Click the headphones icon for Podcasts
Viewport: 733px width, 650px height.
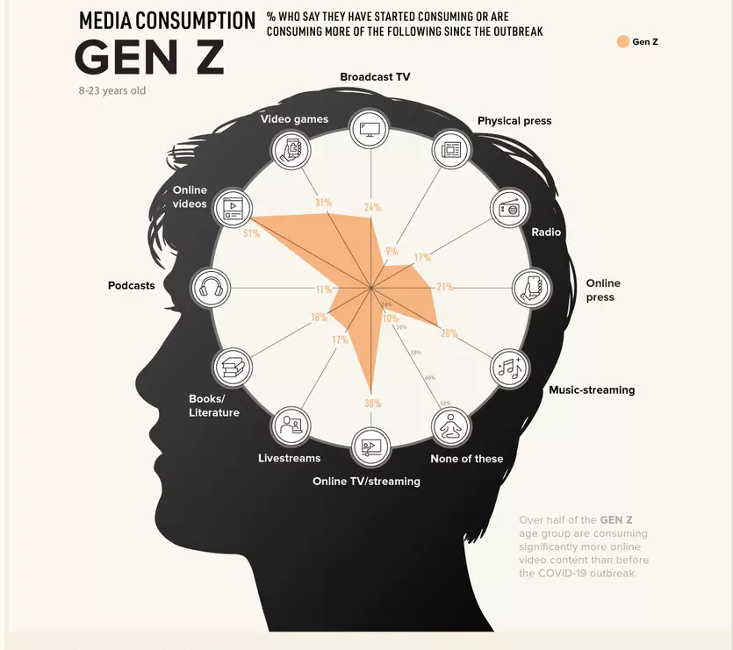coord(211,288)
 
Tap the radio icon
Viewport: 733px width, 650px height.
coord(509,208)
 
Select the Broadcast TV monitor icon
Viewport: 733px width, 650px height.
coord(370,128)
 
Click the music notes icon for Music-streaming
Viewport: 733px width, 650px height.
coord(509,367)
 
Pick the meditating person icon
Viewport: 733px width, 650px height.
coord(450,427)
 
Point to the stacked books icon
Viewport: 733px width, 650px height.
coord(232,367)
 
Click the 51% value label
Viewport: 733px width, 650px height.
coord(251,233)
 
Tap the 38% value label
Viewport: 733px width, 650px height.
coord(372,403)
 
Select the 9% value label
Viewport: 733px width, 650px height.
coord(391,252)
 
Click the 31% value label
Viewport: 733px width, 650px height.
coord(323,203)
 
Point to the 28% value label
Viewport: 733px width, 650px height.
coord(449,333)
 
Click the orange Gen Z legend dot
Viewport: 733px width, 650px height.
coord(622,41)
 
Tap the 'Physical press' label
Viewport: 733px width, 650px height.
coord(514,121)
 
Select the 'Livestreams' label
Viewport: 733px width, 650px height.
coord(289,458)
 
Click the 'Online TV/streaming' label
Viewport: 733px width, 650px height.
coord(366,481)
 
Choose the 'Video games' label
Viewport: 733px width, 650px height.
coord(294,119)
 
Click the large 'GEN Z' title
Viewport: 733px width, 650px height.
coord(149,57)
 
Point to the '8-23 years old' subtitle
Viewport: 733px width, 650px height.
coord(111,90)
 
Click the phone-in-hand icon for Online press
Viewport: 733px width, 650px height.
coord(531,288)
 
